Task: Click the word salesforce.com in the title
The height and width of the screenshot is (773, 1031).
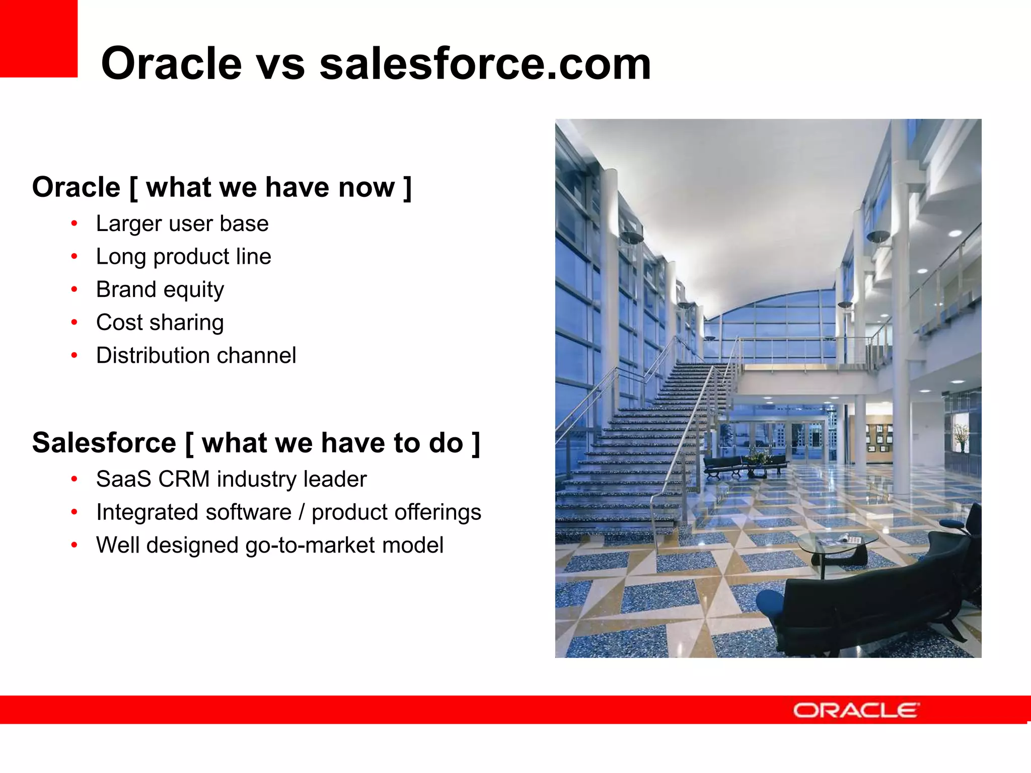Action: click(485, 64)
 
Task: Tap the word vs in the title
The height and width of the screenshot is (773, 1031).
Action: click(280, 64)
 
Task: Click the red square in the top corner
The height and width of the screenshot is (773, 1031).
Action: click(38, 38)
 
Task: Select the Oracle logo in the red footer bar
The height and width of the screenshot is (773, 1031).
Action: click(856, 711)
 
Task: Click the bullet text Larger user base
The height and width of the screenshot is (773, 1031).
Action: click(182, 224)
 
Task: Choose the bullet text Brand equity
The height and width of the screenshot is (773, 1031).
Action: click(160, 290)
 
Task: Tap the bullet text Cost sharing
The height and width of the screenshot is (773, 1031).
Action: click(160, 323)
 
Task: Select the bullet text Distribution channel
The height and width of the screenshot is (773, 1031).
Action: click(196, 356)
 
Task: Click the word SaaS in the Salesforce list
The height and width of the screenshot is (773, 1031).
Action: click(124, 479)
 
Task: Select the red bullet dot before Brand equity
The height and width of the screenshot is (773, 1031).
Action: click(74, 290)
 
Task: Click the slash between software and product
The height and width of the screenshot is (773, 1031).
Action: click(302, 512)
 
